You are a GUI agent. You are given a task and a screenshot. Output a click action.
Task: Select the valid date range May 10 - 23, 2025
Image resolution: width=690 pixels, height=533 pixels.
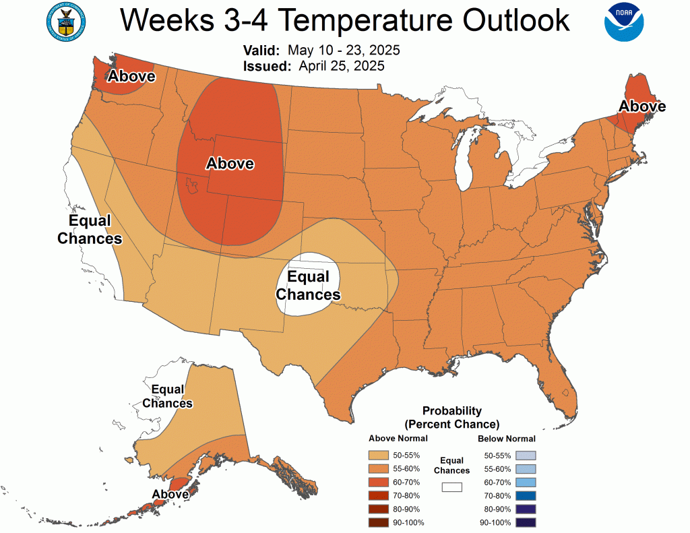coord(344,51)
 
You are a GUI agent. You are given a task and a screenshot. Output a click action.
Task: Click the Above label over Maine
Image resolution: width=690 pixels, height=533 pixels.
coord(642,106)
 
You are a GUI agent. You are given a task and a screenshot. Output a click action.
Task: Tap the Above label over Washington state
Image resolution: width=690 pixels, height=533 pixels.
coord(132,77)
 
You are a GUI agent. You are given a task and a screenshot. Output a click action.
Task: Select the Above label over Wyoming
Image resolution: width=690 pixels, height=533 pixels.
coord(230,163)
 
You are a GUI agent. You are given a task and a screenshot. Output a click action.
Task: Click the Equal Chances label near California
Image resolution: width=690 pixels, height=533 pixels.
coord(90,230)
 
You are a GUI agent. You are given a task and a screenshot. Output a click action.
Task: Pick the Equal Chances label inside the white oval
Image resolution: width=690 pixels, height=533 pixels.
coord(308,286)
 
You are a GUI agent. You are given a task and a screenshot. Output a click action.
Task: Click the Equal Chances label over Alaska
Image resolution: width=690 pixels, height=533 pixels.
coord(168,396)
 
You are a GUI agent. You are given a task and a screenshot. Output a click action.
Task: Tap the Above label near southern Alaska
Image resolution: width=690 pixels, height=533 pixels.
coord(170,494)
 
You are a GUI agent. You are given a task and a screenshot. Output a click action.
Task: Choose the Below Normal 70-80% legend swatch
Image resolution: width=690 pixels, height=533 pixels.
coord(526,496)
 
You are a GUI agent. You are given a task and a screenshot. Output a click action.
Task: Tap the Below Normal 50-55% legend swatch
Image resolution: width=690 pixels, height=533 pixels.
coord(526,456)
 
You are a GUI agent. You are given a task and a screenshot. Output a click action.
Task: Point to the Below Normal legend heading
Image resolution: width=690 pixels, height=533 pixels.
coord(507,439)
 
